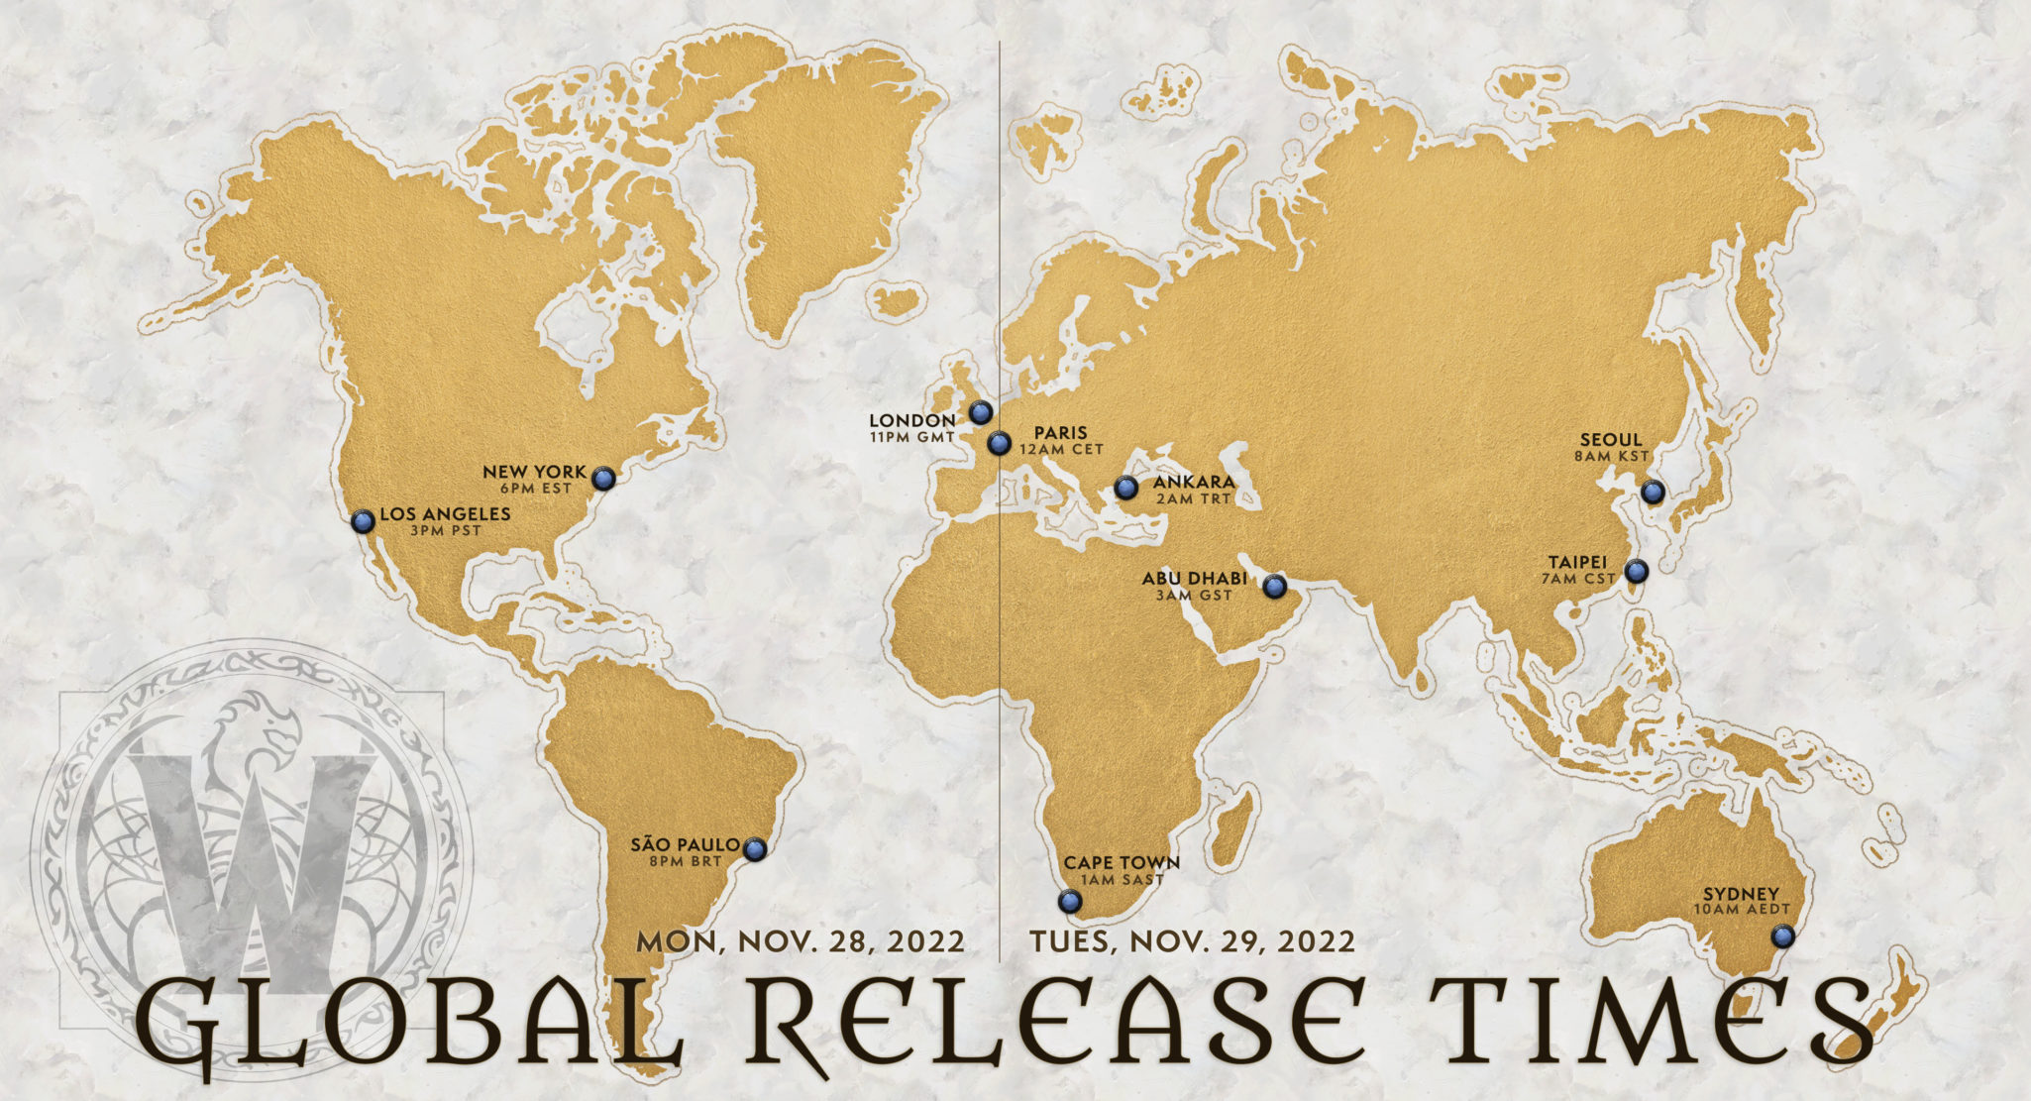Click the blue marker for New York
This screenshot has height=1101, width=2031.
tap(603, 480)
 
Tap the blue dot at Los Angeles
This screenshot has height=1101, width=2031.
tap(364, 521)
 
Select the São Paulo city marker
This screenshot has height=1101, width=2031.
tap(755, 849)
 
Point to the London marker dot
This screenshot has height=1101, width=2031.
tap(981, 412)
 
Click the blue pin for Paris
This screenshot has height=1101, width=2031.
tap(999, 443)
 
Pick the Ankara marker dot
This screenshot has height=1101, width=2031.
tap(1125, 488)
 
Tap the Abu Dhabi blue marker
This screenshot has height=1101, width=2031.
tap(1274, 587)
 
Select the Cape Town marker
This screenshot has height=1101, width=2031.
tap(1069, 902)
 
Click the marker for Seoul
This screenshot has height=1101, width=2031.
tap(1652, 492)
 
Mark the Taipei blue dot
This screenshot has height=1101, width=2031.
tap(1636, 571)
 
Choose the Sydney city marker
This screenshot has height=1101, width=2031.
tap(1782, 936)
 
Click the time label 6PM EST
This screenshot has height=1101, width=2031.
tap(535, 489)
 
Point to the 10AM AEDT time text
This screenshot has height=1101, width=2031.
tap(1736, 910)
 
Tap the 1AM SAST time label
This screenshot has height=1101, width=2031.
tap(1122, 880)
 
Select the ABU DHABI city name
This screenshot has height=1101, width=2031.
tap(1194, 579)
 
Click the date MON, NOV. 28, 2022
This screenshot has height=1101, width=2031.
tap(801, 941)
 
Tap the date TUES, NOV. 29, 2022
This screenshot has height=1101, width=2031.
tap(1192, 941)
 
